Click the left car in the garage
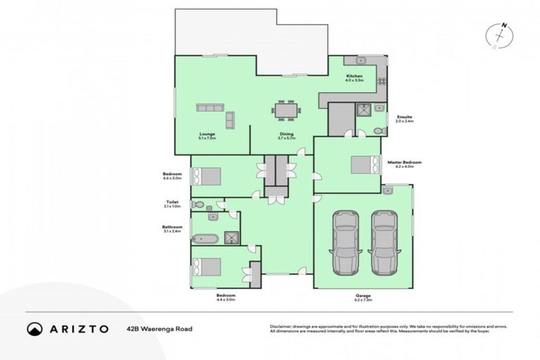[345, 242]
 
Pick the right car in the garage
[383, 242]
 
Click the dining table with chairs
[285, 110]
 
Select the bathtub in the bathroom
[205, 237]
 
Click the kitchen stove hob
[382, 82]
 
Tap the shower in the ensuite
[364, 110]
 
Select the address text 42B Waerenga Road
[160, 328]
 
